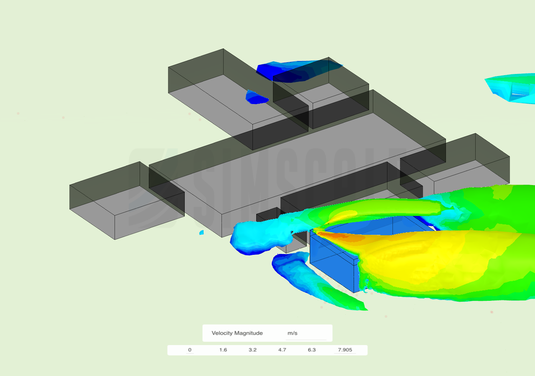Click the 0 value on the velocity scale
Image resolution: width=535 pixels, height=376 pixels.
pos(190,350)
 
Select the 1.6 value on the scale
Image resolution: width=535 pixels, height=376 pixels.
pos(223,350)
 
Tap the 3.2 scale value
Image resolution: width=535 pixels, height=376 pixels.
pos(252,350)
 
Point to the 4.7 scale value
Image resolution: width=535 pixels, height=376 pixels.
pos(282,350)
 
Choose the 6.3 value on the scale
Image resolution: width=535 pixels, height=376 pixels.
pos(312,350)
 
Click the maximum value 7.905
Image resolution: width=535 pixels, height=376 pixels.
pos(345,350)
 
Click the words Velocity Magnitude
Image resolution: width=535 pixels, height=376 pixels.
pos(237,333)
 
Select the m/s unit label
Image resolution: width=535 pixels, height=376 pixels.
pos(292,333)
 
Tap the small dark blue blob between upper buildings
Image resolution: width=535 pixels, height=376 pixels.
pos(256,97)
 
